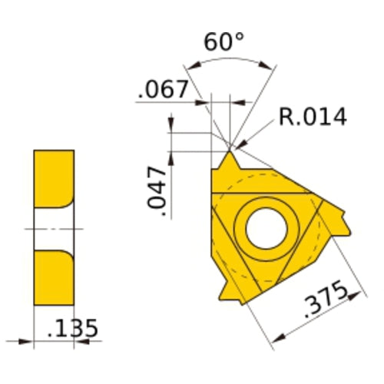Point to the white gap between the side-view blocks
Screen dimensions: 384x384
(54, 228)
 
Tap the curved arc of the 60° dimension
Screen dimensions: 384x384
(230, 61)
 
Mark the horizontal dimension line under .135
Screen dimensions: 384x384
(54, 339)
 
